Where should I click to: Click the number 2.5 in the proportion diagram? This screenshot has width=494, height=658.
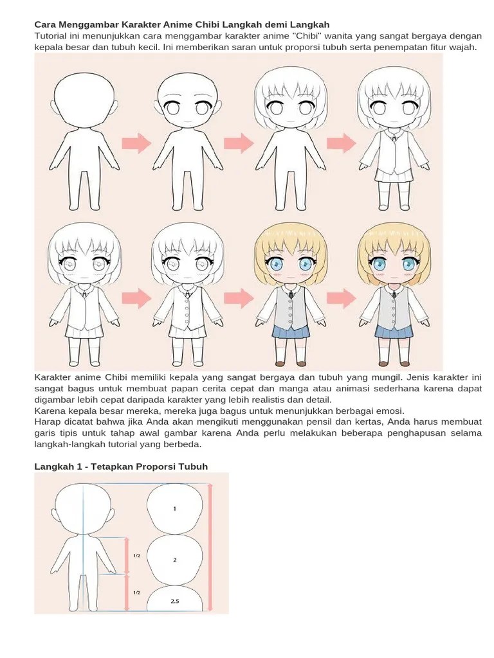click(x=174, y=601)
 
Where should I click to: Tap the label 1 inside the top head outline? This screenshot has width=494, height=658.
click(x=174, y=508)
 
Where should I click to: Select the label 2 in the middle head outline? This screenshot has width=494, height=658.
click(x=174, y=560)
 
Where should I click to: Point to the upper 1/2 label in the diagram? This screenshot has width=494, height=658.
click(x=137, y=556)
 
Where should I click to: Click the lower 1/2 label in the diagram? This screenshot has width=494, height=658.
click(x=137, y=592)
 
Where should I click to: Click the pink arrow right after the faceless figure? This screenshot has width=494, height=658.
click(x=136, y=143)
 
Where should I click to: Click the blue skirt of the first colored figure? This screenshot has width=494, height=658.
click(x=289, y=332)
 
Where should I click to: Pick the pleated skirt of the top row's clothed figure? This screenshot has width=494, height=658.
click(x=393, y=175)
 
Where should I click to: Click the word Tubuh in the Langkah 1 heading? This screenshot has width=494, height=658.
click(x=194, y=467)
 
